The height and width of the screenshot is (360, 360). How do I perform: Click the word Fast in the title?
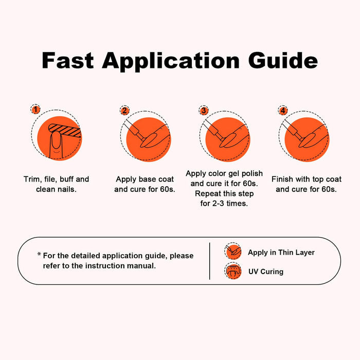(x=68, y=60)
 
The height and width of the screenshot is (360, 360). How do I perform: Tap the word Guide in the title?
(x=283, y=60)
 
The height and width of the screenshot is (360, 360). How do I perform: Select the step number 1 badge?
(x=35, y=109)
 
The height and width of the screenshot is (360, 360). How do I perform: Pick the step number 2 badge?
(x=124, y=111)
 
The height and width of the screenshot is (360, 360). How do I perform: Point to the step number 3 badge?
(x=204, y=111)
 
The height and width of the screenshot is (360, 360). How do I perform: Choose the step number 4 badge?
(x=283, y=111)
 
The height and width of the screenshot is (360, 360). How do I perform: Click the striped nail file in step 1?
(x=65, y=130)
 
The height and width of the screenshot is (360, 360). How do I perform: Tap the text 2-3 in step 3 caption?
(x=218, y=204)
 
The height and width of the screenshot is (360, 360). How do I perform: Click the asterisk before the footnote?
(x=39, y=254)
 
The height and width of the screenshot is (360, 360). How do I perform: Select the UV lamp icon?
(x=233, y=271)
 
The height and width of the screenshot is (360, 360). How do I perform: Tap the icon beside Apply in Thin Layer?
(x=233, y=251)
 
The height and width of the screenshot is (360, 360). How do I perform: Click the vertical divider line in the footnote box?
(x=210, y=261)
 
